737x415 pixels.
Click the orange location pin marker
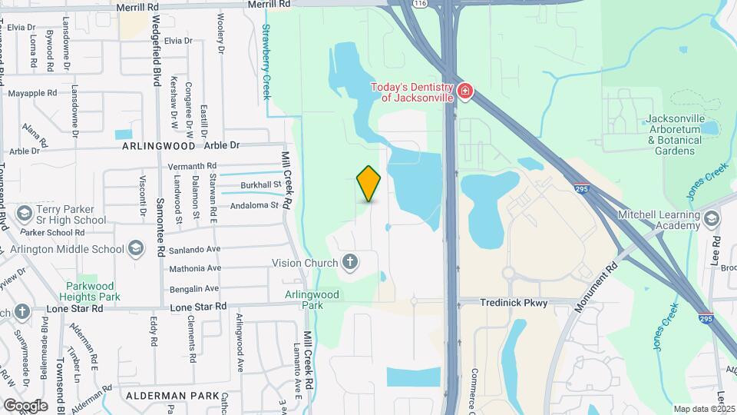(369, 184)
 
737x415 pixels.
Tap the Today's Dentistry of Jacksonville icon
(464, 92)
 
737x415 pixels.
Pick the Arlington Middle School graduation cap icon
(136, 247)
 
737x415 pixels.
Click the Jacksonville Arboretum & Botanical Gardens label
(675, 134)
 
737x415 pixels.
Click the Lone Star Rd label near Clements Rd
(198, 307)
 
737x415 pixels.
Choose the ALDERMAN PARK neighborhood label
(168, 395)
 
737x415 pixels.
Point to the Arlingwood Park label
(312, 299)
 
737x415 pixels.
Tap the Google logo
(25, 405)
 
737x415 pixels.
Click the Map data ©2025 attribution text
(704, 409)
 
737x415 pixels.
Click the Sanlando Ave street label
(196, 249)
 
